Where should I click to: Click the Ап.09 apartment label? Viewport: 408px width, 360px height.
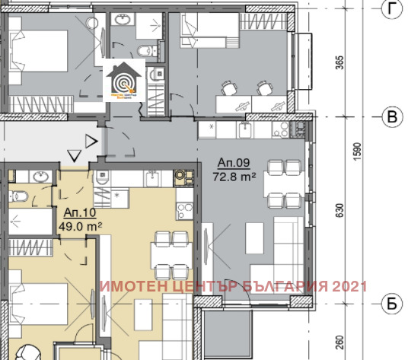pyautogui.click(x=233, y=163)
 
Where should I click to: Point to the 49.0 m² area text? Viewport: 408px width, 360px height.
pyautogui.click(x=80, y=226)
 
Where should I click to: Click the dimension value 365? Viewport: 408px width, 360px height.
pyautogui.click(x=340, y=61)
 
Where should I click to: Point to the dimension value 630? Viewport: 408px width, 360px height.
pyautogui.click(x=340, y=211)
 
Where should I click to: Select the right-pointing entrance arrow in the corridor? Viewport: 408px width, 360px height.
pyautogui.click(x=91, y=140)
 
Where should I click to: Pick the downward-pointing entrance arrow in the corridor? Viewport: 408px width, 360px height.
pyautogui.click(x=75, y=156)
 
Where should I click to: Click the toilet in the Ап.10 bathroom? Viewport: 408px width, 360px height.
pyautogui.click(x=21, y=196)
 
